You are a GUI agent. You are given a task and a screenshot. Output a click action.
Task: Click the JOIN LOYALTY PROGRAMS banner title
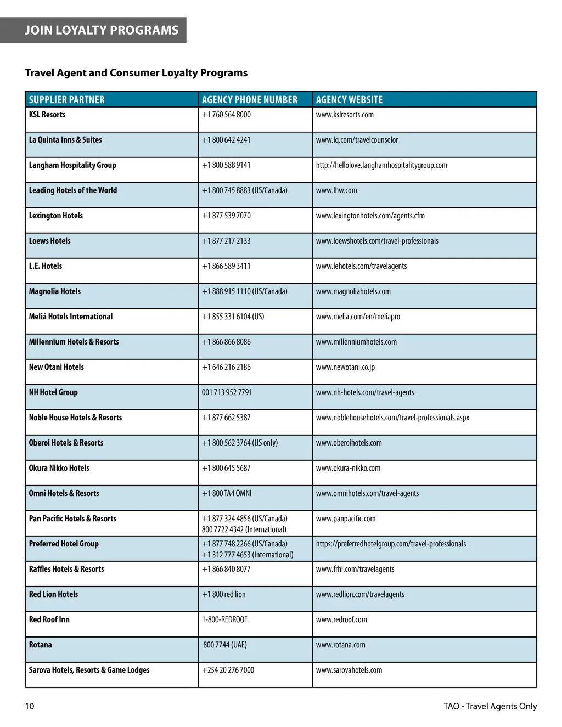(102, 30)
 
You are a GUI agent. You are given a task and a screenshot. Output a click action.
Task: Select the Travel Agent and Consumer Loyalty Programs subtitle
(136, 73)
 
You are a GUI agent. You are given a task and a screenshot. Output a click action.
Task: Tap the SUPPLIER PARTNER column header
(66, 100)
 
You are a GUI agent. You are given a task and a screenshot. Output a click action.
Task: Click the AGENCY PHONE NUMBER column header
(250, 100)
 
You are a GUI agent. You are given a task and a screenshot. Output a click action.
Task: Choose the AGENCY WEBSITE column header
(349, 100)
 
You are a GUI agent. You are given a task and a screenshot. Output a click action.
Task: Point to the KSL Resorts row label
(47, 115)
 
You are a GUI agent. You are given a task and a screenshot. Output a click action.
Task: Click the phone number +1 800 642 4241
(226, 140)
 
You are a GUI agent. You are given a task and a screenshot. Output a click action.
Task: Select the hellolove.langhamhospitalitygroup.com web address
(381, 165)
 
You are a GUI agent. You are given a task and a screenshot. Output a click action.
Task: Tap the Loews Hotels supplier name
(50, 241)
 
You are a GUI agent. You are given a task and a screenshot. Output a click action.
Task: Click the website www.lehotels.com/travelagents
(361, 266)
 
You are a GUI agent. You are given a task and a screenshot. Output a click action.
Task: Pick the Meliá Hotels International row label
(71, 317)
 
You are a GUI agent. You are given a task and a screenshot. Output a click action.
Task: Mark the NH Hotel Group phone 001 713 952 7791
(227, 392)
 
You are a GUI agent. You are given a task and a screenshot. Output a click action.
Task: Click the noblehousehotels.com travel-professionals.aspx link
(392, 418)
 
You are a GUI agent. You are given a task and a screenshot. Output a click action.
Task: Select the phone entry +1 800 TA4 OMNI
(227, 493)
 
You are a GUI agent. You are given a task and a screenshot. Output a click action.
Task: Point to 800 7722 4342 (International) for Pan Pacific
(244, 529)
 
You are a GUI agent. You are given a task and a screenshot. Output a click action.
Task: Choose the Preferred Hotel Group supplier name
(64, 544)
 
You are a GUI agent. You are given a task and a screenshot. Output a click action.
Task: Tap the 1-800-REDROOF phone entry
(224, 619)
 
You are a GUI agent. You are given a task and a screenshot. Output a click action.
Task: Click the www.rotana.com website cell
(340, 645)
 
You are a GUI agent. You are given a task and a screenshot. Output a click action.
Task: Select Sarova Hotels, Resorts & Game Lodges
(89, 670)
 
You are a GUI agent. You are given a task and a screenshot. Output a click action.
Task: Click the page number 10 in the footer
(30, 706)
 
